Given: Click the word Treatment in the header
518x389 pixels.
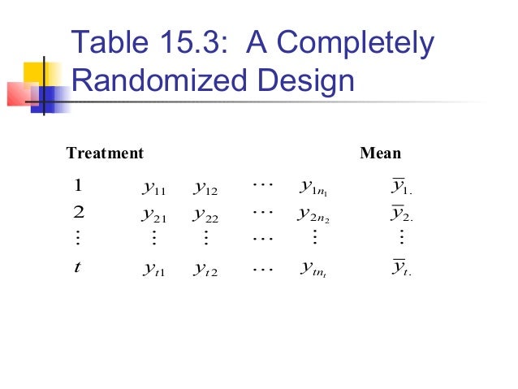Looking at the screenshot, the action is coord(104,153).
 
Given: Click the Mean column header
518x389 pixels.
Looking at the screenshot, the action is coord(380,153).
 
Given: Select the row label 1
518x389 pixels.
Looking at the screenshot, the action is coord(77,185).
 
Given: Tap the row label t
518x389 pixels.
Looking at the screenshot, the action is coord(76,266).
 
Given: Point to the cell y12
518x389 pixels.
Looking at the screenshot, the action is coord(207,188).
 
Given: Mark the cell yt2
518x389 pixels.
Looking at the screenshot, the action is coord(207,269).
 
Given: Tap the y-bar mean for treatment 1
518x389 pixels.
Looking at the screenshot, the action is coord(399,188).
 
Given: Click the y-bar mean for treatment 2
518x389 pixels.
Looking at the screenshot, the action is coord(399,215).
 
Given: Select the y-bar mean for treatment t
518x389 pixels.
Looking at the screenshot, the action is coord(399,268).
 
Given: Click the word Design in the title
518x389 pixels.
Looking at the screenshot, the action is coord(306,82).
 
